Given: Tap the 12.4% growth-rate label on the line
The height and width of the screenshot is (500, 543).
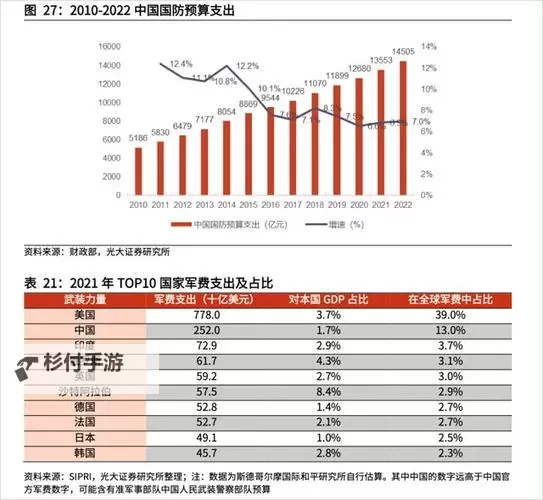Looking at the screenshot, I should [x=180, y=63].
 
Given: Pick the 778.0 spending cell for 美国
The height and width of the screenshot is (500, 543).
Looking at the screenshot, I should [x=205, y=314].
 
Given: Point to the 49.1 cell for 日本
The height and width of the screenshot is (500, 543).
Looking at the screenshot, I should [x=205, y=437].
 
